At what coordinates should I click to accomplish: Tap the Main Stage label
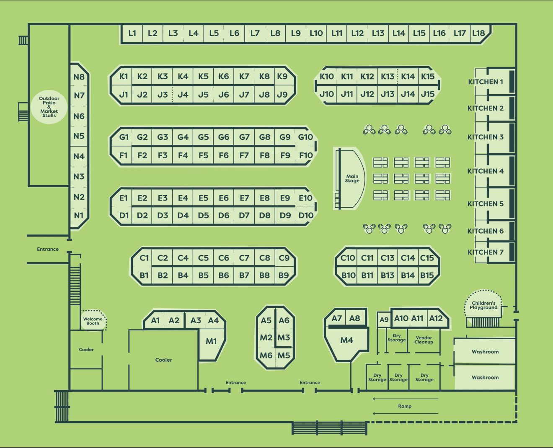pos(352,178)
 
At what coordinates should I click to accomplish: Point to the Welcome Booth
pos(93,320)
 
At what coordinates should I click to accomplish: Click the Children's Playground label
pos(483,305)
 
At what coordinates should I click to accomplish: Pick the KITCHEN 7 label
pos(486,252)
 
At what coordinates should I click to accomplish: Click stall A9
pos(384,319)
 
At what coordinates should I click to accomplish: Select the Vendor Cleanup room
pos(424,340)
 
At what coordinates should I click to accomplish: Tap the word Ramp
pos(405,406)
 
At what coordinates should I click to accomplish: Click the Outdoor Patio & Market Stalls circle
pos(49,107)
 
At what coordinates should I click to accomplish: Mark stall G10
pos(306,137)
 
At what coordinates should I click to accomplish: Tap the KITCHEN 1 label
pos(486,82)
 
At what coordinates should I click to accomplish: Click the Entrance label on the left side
pos(48,249)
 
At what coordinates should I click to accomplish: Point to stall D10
pos(306,216)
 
